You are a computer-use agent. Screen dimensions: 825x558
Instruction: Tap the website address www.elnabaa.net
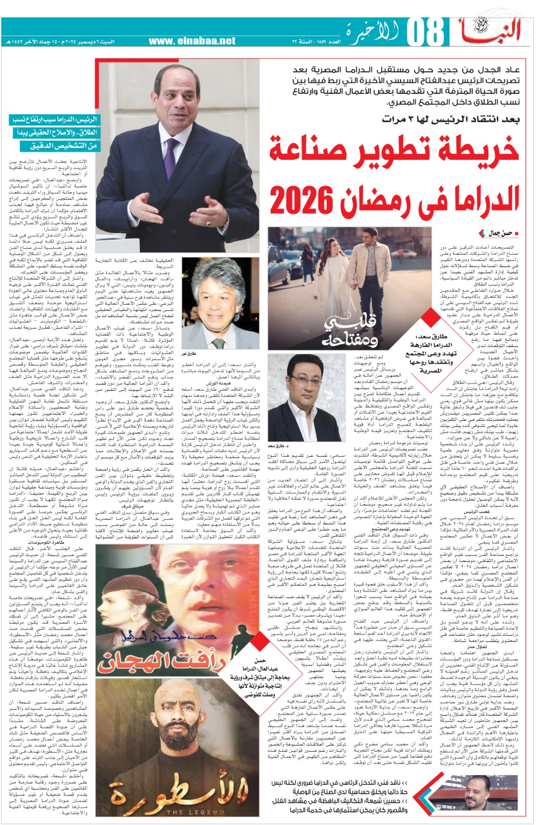[192, 41]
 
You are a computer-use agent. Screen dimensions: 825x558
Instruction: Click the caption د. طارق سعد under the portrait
[278, 445]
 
